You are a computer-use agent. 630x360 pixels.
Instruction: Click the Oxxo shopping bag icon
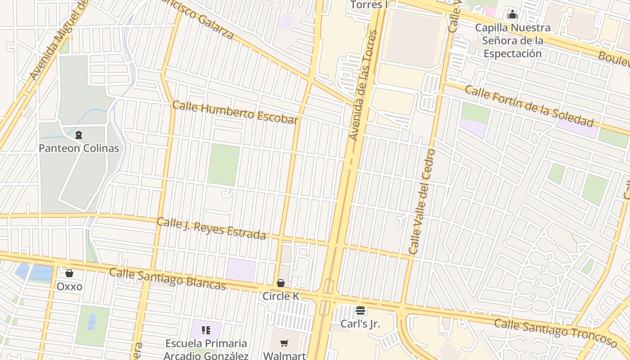[x=69, y=273]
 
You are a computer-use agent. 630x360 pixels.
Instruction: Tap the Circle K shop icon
[x=281, y=283]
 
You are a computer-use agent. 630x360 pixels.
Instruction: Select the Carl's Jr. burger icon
[x=360, y=310]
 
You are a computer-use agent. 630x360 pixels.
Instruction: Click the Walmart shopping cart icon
[x=284, y=343]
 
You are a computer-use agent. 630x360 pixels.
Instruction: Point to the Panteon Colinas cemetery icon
[x=79, y=135]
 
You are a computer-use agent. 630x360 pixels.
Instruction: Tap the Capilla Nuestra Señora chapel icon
[x=512, y=14]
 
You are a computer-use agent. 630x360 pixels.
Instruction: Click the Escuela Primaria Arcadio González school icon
[x=206, y=330]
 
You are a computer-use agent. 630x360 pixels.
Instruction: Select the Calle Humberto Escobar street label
[x=235, y=112]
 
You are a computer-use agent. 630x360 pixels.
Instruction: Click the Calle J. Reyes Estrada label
[x=211, y=229]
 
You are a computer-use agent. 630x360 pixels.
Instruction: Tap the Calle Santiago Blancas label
[x=167, y=279]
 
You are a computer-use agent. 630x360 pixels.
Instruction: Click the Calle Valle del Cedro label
[x=422, y=201]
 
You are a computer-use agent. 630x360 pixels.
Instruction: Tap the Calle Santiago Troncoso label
[x=556, y=333]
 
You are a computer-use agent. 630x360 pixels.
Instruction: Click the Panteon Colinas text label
[x=79, y=148]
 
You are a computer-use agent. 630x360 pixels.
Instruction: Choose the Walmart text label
[x=284, y=355]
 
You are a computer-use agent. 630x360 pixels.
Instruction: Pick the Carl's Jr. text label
[x=360, y=323]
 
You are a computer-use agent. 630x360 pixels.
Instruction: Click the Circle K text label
[x=281, y=296]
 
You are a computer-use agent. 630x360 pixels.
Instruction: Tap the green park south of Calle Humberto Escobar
[x=224, y=165]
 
